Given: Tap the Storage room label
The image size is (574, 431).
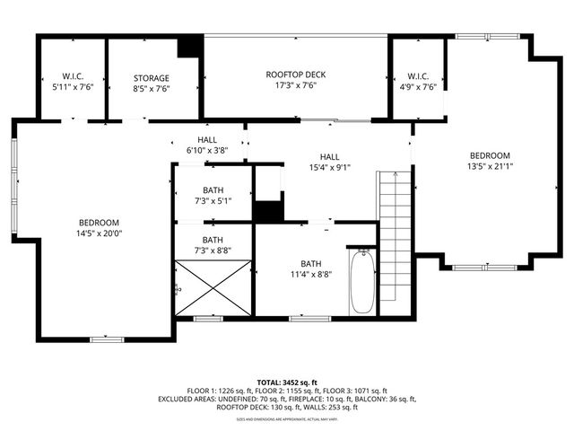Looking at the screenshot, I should (x=152, y=78).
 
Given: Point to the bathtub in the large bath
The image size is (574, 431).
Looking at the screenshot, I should (x=361, y=281).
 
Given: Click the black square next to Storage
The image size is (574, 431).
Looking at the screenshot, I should (x=189, y=48).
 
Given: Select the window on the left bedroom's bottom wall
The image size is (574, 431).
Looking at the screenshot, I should (x=106, y=339).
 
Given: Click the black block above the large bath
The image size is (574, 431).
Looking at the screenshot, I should (x=267, y=212).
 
